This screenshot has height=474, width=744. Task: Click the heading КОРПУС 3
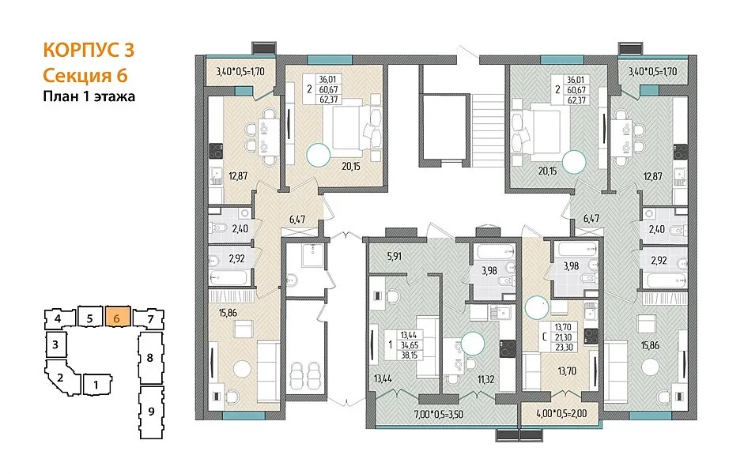tap(89, 50)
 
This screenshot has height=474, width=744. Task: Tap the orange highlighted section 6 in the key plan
tap(117, 318)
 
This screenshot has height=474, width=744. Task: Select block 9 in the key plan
tap(151, 412)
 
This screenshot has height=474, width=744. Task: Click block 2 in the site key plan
tap(61, 378)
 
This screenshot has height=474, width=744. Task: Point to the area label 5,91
tap(395, 257)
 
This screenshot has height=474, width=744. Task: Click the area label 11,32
tap(486, 379)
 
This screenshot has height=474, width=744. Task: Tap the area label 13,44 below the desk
tap(383, 378)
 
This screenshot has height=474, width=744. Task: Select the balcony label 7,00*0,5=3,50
tap(439, 414)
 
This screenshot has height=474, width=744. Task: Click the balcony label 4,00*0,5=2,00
tap(561, 413)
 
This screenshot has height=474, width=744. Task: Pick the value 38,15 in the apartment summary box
tap(409, 355)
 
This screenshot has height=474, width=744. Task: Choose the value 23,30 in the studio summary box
tap(564, 347)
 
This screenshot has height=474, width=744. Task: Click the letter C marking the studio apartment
tap(546, 337)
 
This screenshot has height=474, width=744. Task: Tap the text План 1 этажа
tap(89, 96)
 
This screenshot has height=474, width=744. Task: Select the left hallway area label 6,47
tap(297, 220)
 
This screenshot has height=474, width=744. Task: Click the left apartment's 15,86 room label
tap(228, 313)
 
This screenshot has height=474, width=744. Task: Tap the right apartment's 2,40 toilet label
tap(657, 229)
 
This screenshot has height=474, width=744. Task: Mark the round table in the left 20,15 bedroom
tap(318, 155)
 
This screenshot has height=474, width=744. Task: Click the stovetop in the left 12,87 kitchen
tap(217, 151)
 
